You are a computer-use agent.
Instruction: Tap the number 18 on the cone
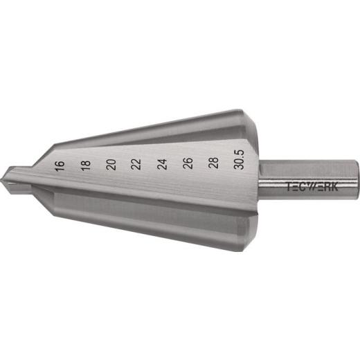point(85,165)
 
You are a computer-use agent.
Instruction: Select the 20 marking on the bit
point(111,165)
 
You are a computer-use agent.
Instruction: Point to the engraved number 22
point(136,165)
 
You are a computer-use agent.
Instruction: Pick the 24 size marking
point(162,165)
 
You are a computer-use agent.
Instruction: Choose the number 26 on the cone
point(188,165)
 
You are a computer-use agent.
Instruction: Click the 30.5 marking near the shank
point(240,165)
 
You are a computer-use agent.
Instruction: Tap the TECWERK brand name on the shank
point(309,186)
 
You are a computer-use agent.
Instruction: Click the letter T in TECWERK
point(290,186)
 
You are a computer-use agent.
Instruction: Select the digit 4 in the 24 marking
point(162,161)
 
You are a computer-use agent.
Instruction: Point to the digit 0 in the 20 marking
point(111,161)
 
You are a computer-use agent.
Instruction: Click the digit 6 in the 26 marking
point(188,161)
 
